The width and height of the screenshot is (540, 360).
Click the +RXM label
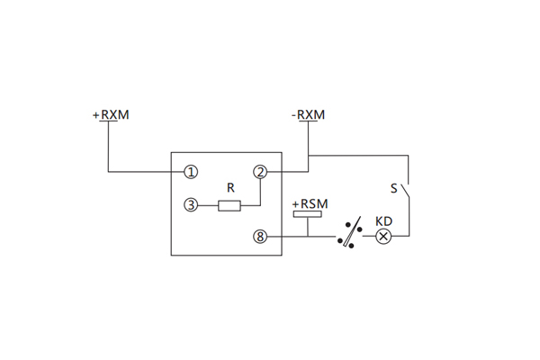coord(111,115)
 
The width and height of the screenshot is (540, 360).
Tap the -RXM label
coord(308,115)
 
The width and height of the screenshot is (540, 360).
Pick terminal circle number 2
coord(260,171)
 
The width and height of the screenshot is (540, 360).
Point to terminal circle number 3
coord(190,205)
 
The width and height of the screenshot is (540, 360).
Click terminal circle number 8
coord(261,237)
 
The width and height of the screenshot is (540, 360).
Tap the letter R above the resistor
coord(230,189)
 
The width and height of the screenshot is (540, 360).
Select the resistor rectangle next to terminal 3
coord(229,205)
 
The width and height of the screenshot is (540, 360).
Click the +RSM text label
coord(308,205)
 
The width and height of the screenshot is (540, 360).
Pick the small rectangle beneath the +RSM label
coord(308,216)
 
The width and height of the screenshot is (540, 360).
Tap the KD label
coord(383,221)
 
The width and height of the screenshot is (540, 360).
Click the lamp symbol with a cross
coord(383,237)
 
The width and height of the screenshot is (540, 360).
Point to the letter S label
coord(393,189)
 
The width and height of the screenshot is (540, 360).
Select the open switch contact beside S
coord(406,191)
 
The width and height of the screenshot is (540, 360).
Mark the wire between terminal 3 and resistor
coord(207,205)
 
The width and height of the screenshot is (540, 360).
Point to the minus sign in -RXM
coord(293,116)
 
